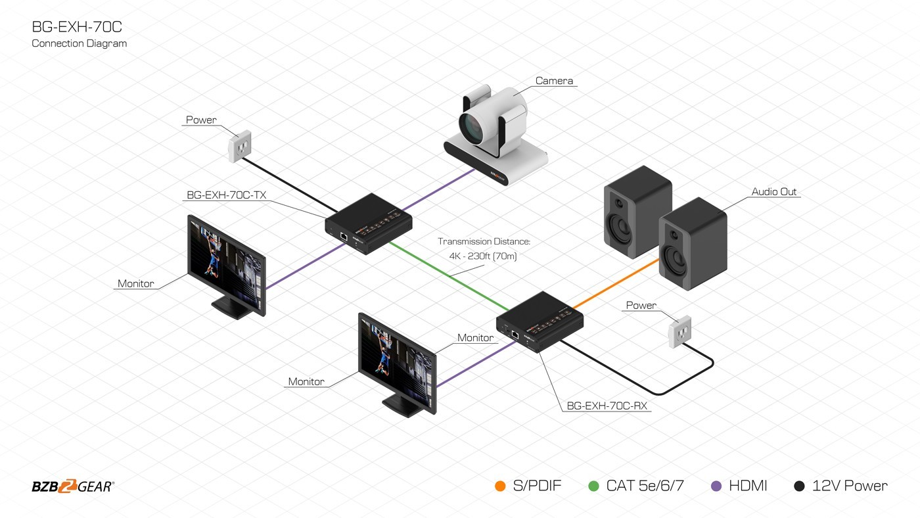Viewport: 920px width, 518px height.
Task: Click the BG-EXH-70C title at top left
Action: tap(77, 27)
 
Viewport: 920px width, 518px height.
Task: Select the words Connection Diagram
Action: tap(79, 43)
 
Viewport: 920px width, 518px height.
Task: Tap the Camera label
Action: tap(554, 81)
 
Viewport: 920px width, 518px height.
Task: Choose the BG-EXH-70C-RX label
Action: tap(607, 406)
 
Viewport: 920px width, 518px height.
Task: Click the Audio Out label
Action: tap(773, 192)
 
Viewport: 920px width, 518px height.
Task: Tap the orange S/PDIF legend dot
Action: tap(500, 486)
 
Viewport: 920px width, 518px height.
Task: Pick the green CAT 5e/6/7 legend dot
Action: tap(593, 486)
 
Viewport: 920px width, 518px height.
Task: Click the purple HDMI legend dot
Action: tap(717, 486)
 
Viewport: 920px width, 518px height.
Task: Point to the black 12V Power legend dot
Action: tap(799, 486)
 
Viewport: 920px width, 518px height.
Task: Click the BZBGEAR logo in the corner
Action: tap(73, 486)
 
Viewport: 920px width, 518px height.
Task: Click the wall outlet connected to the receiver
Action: tap(679, 332)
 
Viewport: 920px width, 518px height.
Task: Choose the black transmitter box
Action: tap(369, 224)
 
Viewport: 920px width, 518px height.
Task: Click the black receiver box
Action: tap(540, 321)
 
